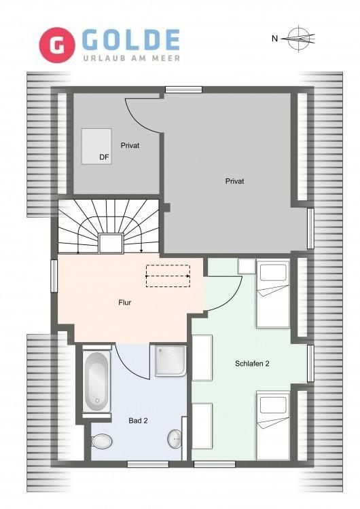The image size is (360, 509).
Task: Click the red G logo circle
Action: pyautogui.click(x=57, y=45)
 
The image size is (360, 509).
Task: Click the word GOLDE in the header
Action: pyautogui.click(x=130, y=40)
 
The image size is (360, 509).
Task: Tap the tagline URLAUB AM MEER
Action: pyautogui.click(x=131, y=58)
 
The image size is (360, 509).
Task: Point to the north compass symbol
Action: pyautogui.click(x=299, y=38)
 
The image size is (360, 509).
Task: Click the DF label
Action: pyautogui.click(x=104, y=157)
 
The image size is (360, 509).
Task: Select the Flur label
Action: pyautogui.click(x=125, y=303)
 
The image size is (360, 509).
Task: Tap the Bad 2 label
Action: pyautogui.click(x=138, y=421)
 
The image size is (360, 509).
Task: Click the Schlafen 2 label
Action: pyautogui.click(x=252, y=364)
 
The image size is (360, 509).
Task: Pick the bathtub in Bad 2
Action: pyautogui.click(x=97, y=381)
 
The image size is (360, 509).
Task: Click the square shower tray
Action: pyautogui.click(x=170, y=360)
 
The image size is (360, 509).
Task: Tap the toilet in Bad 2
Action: pyautogui.click(x=101, y=442)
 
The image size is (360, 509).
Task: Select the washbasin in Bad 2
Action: pyautogui.click(x=175, y=439)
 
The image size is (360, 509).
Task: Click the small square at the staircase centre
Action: pyautogui.click(x=111, y=243)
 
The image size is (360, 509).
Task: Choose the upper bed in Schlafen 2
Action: pyautogui.click(x=273, y=293)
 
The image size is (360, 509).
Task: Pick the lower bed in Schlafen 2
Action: pyautogui.click(x=273, y=426)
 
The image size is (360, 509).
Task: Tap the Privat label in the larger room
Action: pyautogui.click(x=234, y=181)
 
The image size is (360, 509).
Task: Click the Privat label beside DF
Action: pyautogui.click(x=130, y=145)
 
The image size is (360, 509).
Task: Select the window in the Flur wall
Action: pyautogui.click(x=54, y=276)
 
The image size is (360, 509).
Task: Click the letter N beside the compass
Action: pyautogui.click(x=275, y=39)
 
